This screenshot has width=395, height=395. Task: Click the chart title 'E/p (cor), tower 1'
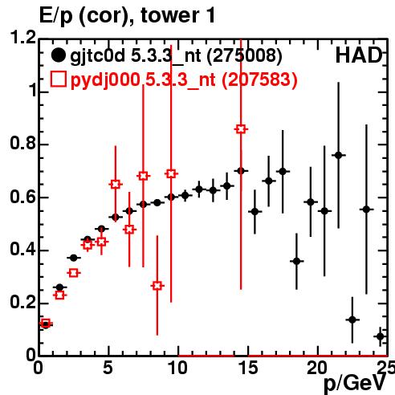127,16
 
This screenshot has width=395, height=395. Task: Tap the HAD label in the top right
359,55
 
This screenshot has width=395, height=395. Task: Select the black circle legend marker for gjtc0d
58,55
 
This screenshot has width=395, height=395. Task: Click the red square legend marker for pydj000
58,79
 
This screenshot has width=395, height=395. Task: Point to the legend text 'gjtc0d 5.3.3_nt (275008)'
176,56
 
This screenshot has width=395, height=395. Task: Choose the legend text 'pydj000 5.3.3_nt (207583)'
184,79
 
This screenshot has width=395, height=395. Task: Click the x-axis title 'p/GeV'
355,384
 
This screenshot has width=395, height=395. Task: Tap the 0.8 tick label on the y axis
23,143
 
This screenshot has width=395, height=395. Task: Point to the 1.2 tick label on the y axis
23,37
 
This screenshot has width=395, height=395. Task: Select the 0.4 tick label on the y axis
23,250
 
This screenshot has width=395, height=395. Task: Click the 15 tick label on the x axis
248,368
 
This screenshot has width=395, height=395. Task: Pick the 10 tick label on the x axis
178,368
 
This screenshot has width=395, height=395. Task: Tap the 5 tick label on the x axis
108,368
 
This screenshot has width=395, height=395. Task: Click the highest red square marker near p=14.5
241,129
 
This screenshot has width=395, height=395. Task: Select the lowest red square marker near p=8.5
157,286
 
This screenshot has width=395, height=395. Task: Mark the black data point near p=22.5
352,320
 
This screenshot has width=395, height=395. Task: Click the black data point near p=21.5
339,155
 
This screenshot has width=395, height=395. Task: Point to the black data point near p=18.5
296,261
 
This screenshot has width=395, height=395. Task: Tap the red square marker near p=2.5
74,273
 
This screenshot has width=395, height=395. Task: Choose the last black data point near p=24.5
381,336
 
